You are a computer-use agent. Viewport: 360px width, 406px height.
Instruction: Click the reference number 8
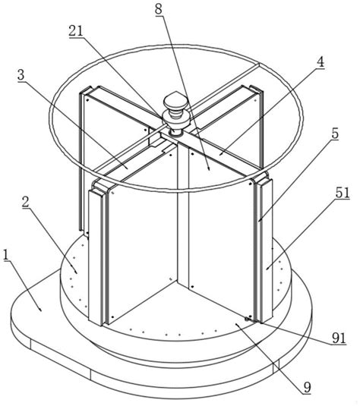pos(159,9)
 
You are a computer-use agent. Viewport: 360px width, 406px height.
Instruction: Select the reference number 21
pos(76,31)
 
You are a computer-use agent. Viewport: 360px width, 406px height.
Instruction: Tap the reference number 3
pos(21,75)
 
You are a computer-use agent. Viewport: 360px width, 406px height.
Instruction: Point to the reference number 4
pos(321,62)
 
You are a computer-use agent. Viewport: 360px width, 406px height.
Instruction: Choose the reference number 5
pos(335,134)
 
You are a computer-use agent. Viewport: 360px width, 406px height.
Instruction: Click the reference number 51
pos(343,194)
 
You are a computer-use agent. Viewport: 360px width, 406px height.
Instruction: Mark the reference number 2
pos(25,202)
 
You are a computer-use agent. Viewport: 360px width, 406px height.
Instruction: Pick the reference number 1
pos(6,255)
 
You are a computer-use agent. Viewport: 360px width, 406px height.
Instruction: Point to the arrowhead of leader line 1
pos(41,310)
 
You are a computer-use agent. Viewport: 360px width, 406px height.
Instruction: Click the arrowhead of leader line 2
pos(76,272)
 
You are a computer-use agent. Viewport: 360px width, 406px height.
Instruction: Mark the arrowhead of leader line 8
pos(209,169)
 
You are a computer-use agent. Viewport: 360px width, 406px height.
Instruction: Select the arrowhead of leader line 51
pos(267,269)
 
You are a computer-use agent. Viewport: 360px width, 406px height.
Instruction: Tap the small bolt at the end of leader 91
pos(247,319)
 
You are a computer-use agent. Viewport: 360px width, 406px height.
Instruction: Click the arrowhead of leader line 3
pos(127,168)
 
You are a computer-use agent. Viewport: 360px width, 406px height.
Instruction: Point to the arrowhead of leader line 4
pos(219,155)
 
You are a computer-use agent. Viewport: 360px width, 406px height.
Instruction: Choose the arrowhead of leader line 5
pos(259,221)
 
